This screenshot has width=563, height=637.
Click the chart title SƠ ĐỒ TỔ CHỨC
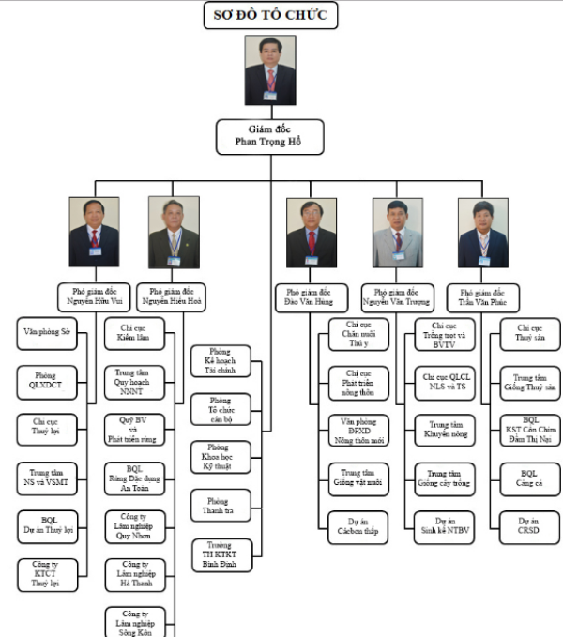270,16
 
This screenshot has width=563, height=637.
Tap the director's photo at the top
270,70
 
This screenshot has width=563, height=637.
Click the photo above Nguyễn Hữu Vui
94,233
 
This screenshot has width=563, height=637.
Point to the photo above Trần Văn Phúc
483,233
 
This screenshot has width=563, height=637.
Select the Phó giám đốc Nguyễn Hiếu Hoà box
172,296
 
